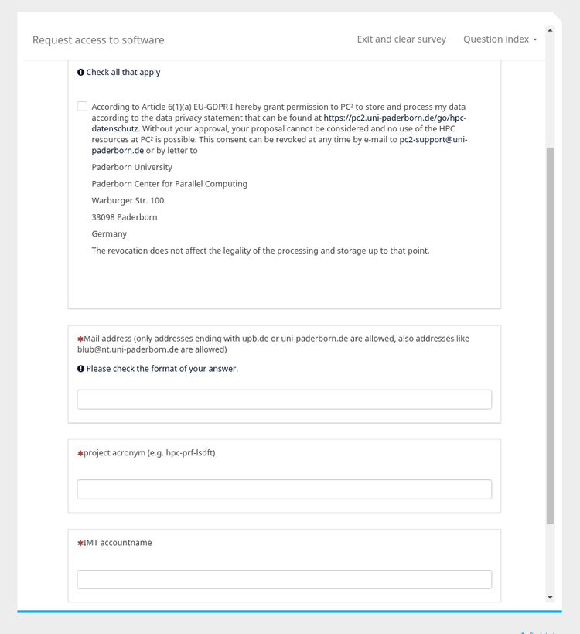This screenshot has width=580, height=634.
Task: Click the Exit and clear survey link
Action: [401, 39]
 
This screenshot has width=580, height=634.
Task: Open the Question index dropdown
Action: [500, 39]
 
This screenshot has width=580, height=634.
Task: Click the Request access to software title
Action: [98, 40]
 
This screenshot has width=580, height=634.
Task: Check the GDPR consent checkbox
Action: [82, 107]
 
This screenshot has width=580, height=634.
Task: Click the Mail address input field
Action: [284, 400]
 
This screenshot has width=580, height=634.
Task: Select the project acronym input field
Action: [284, 489]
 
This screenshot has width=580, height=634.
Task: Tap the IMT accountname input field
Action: [284, 580]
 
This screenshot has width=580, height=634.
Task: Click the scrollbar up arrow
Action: [550, 30]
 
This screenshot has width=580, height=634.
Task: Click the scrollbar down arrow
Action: [550, 597]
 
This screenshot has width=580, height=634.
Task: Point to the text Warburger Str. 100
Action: [128, 201]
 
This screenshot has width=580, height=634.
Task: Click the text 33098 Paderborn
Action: [125, 217]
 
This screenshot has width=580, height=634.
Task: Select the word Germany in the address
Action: [109, 234]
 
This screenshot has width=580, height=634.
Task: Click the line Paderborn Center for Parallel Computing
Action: [169, 184]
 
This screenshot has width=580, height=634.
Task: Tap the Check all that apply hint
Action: [123, 73]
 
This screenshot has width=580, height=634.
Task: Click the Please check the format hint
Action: [162, 369]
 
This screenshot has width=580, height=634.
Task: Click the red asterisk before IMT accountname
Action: [80, 544]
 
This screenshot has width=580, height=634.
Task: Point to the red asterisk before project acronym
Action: [80, 454]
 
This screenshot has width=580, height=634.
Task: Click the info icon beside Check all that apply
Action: [80, 73]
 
